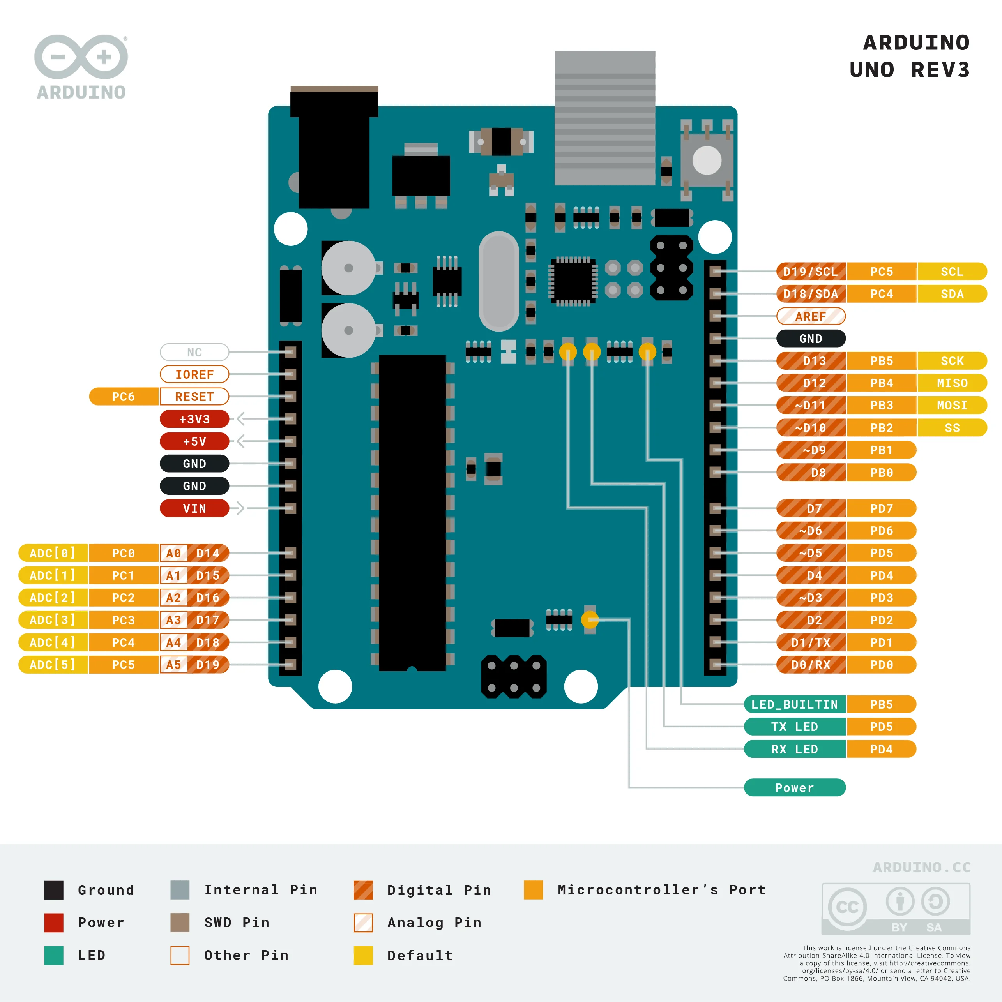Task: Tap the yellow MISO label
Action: coord(952,383)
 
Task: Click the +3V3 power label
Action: coord(194,418)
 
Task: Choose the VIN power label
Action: coord(194,508)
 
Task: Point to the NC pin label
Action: coord(194,352)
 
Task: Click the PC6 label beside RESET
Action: coord(124,396)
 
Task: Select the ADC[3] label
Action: coord(52,620)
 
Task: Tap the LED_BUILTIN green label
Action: coord(794,704)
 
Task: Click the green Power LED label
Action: coord(794,787)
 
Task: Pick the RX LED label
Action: coord(794,749)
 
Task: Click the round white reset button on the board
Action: coord(707,160)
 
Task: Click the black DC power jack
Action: coord(334,150)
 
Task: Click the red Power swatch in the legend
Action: coord(54,923)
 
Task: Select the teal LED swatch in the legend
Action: coord(54,955)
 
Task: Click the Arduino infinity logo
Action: coord(81,57)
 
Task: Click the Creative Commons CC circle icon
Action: coord(847,907)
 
